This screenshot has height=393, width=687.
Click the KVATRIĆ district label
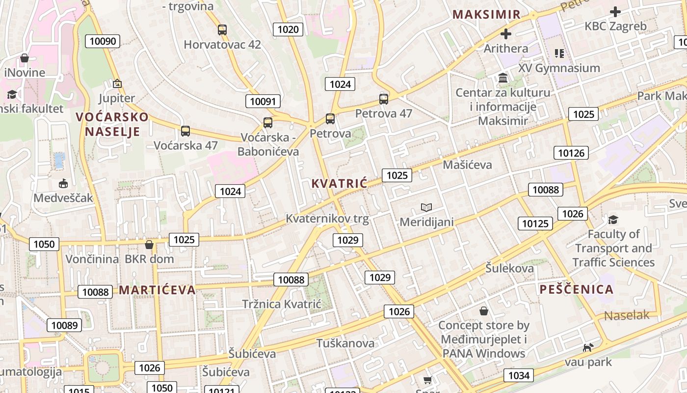coord(339,184)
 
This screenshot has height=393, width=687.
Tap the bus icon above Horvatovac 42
coord(222,29)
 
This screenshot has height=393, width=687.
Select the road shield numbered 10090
coord(103,41)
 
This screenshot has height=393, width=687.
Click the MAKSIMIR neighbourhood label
coord(486,14)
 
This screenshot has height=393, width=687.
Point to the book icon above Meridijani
coord(426,208)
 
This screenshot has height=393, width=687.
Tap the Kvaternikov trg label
coord(327,218)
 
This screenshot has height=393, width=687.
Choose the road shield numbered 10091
coord(263,102)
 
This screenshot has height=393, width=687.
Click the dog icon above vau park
coord(588,348)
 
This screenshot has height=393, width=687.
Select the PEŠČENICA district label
coord(577,289)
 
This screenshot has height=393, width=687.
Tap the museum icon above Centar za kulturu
coord(503,78)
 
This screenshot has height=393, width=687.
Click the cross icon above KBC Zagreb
coord(615,11)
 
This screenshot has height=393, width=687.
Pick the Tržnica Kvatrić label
coord(282,304)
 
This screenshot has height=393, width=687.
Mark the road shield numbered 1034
coord(519,376)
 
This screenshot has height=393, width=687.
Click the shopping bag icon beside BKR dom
coord(149,244)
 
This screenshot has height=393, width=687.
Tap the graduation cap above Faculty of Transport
coord(613,220)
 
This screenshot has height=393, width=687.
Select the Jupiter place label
coord(117,98)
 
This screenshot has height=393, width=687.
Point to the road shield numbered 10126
coord(572,153)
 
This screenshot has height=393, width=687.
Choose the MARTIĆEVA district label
coord(157,290)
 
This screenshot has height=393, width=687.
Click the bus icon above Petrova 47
coord(384,99)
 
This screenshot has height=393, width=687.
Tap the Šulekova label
coord(509,268)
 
